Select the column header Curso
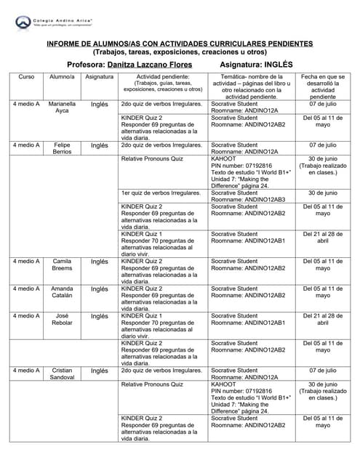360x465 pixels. tap(26, 76)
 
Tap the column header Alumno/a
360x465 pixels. tap(62, 76)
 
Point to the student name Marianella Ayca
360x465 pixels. tap(62, 108)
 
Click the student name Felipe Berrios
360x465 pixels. tap(62, 149)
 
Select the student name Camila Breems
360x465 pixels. tap(62, 264)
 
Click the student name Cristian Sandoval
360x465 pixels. tap(62, 374)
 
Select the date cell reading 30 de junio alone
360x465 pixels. tap(322, 193)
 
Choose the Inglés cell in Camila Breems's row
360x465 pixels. tap(99, 260)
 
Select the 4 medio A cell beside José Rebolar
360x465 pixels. tap(26, 316)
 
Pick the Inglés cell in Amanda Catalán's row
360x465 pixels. tap(99, 288)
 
